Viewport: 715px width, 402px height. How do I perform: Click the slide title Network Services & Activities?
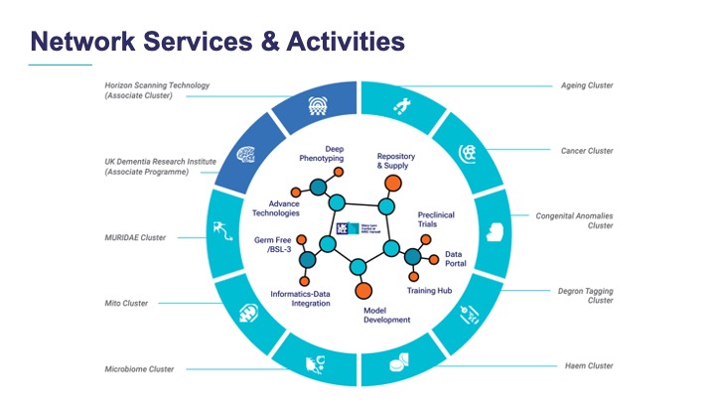tap(216, 41)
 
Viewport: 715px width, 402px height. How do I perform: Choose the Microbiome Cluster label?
tap(139, 369)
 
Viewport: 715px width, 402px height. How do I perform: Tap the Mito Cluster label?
tap(126, 303)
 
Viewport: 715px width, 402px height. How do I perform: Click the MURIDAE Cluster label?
tap(135, 237)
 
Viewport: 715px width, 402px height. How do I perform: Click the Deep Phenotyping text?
tap(320, 152)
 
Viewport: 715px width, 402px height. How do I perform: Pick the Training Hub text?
tap(429, 290)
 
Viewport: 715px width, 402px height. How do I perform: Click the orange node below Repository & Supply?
tap(394, 183)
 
